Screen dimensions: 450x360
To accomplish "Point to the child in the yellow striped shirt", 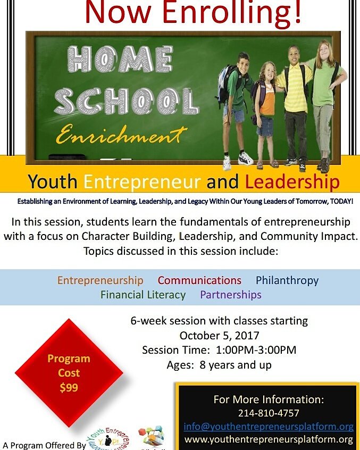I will (292, 101).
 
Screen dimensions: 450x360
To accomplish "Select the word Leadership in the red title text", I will (292, 182).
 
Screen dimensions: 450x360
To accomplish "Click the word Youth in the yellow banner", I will (53, 182).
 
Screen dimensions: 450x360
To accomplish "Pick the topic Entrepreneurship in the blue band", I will (101, 280).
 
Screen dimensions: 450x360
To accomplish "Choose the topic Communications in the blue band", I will (199, 280).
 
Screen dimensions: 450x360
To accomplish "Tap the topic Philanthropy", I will (287, 280).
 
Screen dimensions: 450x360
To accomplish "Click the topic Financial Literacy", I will (143, 295).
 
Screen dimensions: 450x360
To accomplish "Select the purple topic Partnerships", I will (231, 295).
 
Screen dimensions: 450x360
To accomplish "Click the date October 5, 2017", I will (219, 336).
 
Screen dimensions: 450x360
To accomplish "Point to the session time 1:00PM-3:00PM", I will (257, 350).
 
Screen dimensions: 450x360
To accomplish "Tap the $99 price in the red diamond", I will (69, 387).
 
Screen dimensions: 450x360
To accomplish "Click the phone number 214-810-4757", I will (269, 413).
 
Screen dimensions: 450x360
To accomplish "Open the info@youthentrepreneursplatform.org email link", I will (269, 427).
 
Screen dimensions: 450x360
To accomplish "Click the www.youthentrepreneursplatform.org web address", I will (269, 439).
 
